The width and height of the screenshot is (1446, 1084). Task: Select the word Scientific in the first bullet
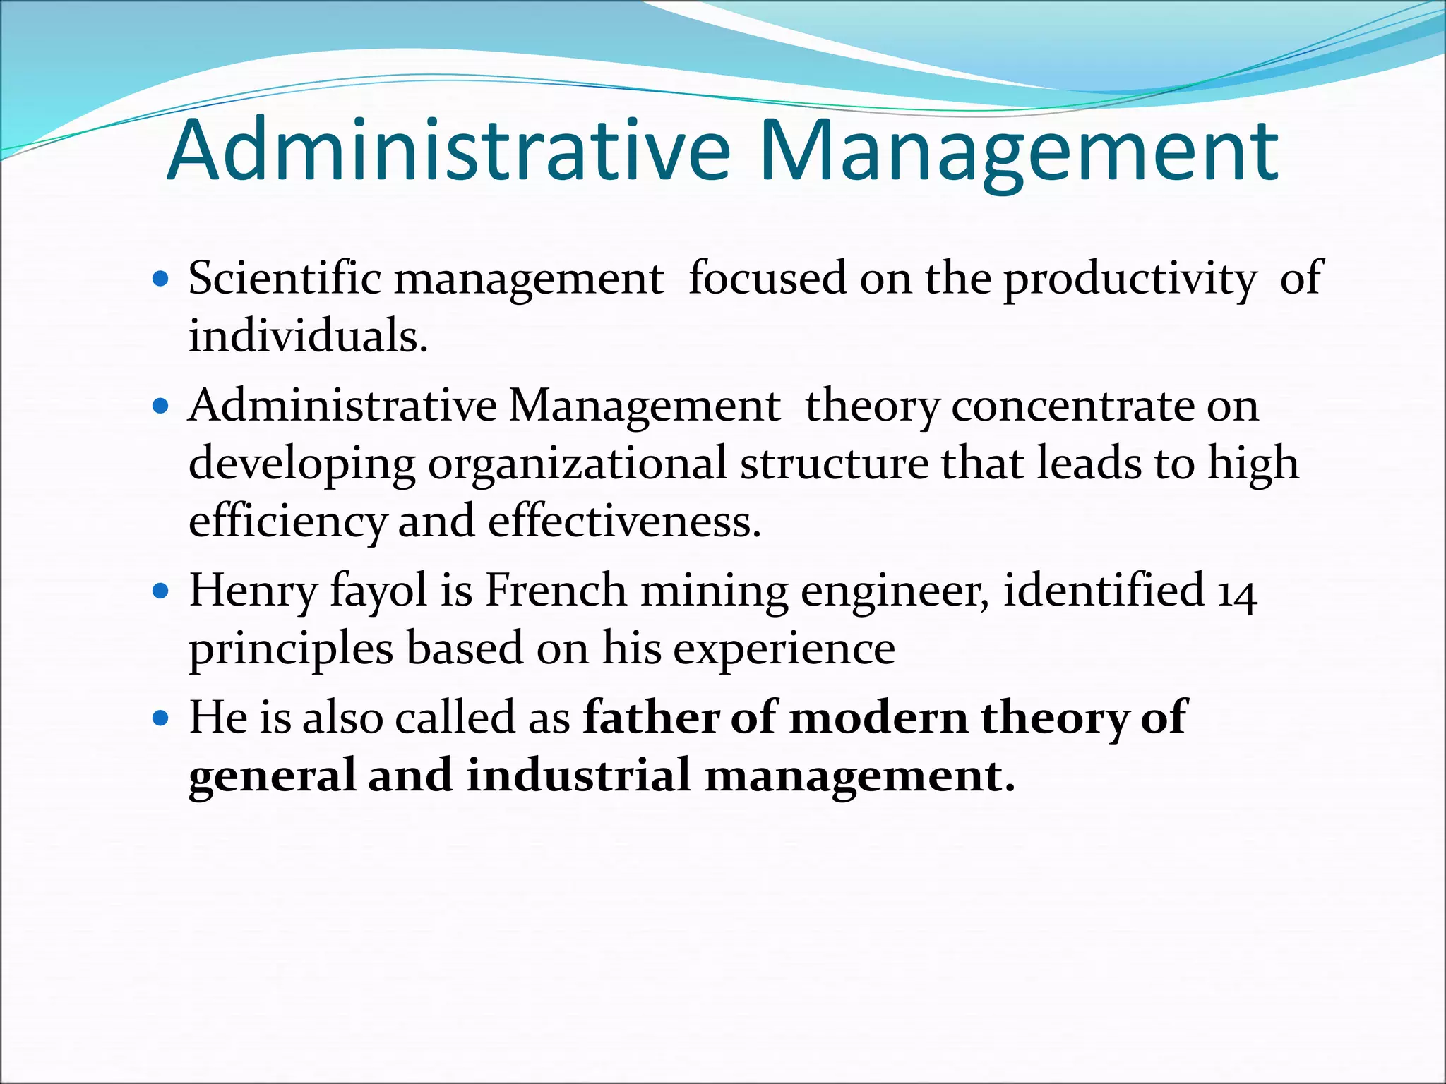[x=285, y=277]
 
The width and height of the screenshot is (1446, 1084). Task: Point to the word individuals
[x=308, y=335]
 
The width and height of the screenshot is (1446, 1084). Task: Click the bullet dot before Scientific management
[x=162, y=279]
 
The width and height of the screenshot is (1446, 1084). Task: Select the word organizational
[x=577, y=464]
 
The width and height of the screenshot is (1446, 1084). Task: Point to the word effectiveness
[x=624, y=522]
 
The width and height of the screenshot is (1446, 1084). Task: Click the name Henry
[x=253, y=591]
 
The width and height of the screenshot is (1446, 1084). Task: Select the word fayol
[x=378, y=591]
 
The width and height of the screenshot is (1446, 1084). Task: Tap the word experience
[x=784, y=649]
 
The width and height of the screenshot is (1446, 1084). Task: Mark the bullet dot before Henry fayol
[x=162, y=590]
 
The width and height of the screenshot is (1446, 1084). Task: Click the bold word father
[x=650, y=717]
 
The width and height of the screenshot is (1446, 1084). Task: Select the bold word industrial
[x=578, y=775]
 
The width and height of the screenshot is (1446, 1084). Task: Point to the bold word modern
[x=878, y=718]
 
